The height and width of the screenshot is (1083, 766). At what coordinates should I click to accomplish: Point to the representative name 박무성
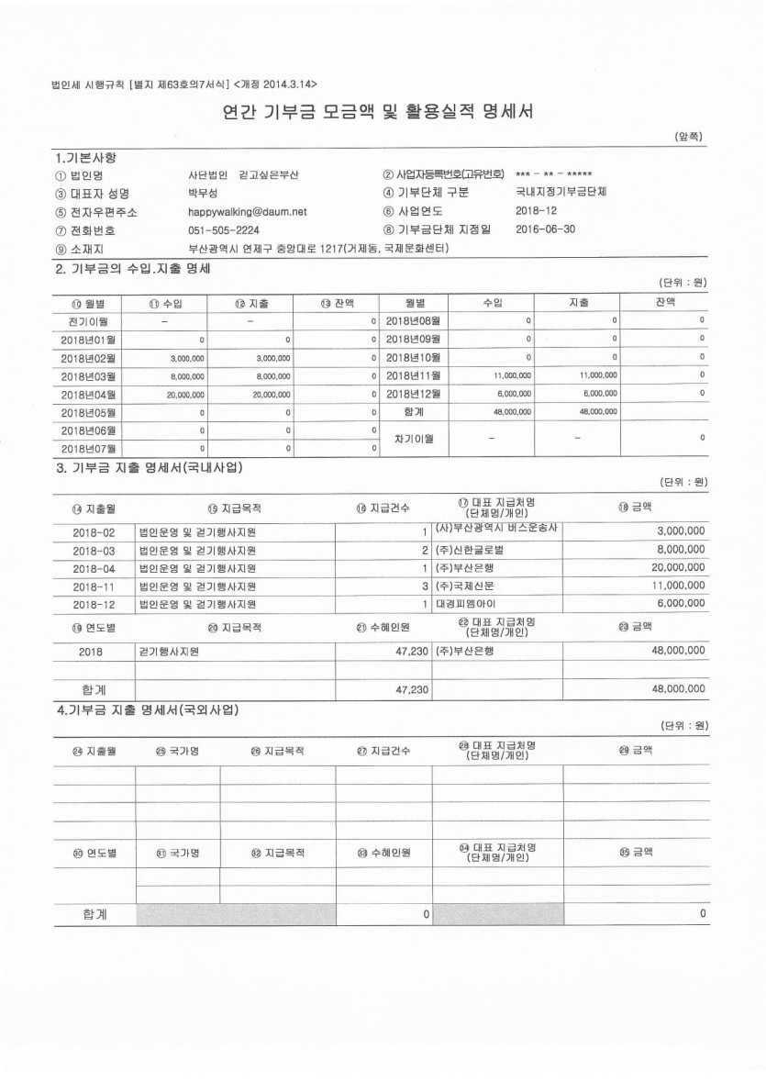[203, 193]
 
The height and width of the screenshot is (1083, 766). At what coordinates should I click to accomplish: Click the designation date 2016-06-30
[546, 229]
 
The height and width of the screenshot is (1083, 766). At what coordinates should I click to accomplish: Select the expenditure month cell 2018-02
[94, 532]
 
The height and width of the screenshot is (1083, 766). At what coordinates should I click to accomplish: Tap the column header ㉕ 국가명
[177, 751]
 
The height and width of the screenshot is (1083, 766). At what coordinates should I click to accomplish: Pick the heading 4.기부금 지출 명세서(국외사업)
[153, 709]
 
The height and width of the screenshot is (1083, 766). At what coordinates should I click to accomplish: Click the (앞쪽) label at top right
[688, 137]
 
